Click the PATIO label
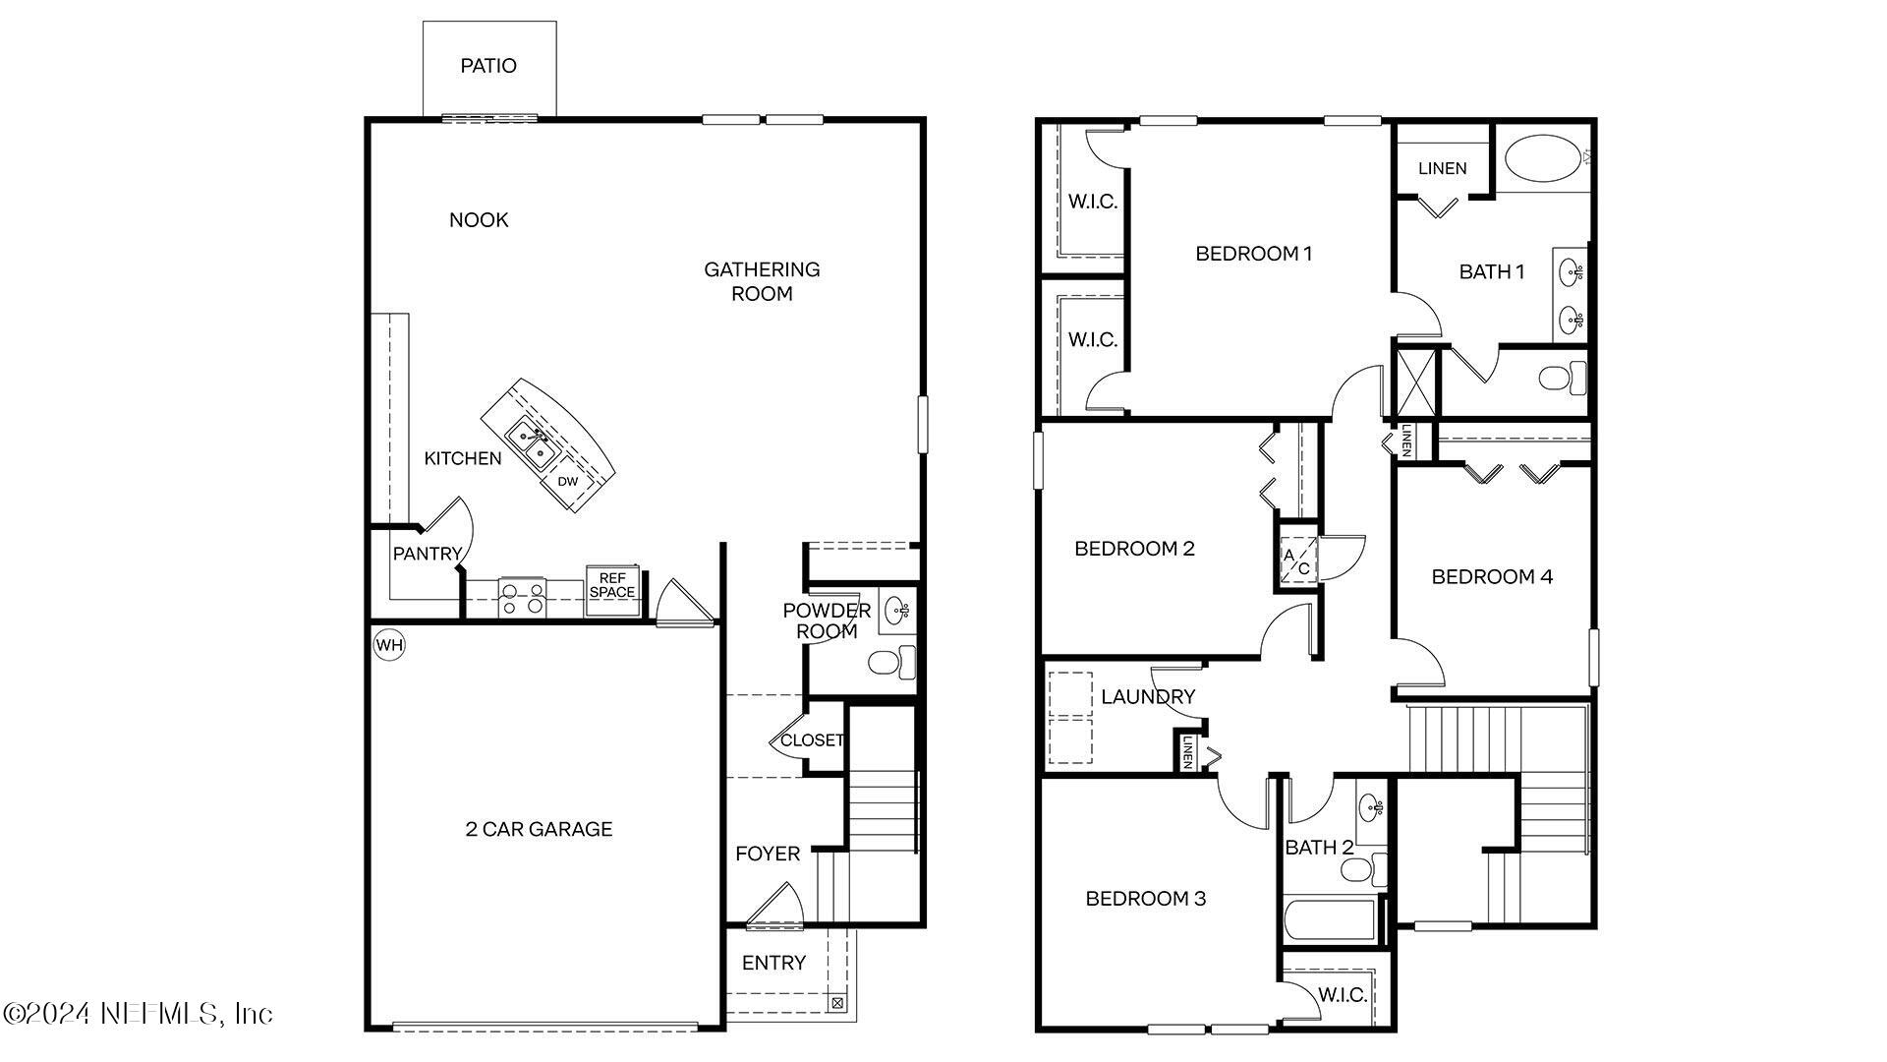point(488,66)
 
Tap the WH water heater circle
point(389,646)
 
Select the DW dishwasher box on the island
point(568,482)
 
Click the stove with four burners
point(522,598)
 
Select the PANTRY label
point(427,554)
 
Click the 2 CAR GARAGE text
point(539,829)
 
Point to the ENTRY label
point(773,963)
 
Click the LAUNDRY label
point(1147,697)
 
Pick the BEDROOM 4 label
point(1492,577)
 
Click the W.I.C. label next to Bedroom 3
point(1342,995)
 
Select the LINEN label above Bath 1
point(1442,168)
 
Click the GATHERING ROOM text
point(762,281)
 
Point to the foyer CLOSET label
point(812,740)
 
